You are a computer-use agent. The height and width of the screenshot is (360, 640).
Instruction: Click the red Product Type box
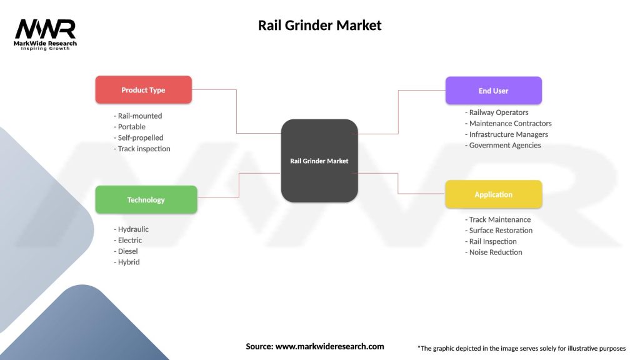click(143, 90)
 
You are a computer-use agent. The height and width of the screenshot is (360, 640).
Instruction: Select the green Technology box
click(146, 200)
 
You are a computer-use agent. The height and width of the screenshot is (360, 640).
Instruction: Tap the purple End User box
click(493, 91)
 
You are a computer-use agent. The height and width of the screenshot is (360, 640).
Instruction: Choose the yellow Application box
click(493, 194)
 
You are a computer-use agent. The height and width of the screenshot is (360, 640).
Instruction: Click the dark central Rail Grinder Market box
click(319, 161)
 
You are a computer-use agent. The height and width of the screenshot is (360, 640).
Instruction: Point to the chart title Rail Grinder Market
click(319, 26)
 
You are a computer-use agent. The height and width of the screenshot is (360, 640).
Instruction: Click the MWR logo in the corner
click(45, 33)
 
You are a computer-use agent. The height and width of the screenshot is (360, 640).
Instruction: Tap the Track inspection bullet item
click(142, 149)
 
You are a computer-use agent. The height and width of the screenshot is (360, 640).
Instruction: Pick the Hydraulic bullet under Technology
click(131, 229)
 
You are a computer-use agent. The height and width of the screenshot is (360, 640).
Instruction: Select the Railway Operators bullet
click(497, 112)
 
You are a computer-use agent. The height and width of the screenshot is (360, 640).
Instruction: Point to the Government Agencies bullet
click(503, 145)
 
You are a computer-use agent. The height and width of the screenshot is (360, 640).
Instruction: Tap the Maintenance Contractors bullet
click(509, 123)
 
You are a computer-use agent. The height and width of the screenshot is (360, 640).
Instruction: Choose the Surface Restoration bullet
click(499, 230)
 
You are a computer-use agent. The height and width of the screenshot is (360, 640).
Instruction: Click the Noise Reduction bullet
click(494, 252)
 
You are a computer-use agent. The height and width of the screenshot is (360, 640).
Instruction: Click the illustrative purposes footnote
click(521, 348)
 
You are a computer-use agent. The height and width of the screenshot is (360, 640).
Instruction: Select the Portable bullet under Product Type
click(129, 126)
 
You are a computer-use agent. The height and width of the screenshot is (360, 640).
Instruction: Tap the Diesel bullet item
click(126, 251)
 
